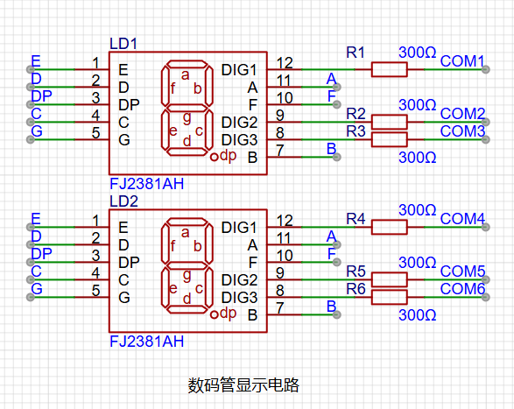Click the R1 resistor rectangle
(389, 69)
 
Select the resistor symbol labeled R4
(389, 227)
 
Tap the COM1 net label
(462, 61)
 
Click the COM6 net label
(462, 289)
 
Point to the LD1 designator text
(123, 44)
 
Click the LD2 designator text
(123, 201)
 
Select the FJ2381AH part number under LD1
(146, 184)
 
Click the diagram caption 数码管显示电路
(243, 384)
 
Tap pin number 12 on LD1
(285, 63)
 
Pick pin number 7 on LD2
(280, 307)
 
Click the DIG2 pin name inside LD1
(239, 123)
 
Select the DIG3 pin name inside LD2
(239, 298)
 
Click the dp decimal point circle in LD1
(214, 157)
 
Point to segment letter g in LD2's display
(187, 275)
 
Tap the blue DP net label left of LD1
(41, 96)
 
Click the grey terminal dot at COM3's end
(486, 139)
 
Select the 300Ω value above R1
(418, 53)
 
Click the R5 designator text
(356, 271)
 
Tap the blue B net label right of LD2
(331, 306)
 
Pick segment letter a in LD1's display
(186, 74)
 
